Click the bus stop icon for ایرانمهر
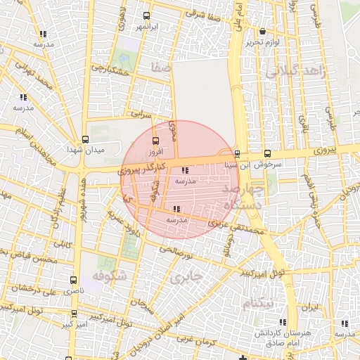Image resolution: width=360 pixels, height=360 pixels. (x=146, y=15)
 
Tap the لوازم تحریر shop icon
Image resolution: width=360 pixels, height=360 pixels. (x=262, y=32)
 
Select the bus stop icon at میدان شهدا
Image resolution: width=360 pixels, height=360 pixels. (x=85, y=139)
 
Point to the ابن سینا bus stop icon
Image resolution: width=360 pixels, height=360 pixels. (x=236, y=154)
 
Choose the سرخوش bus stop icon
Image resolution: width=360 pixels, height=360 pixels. (x=267, y=153)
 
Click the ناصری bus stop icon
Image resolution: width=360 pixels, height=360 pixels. (x=74, y=280)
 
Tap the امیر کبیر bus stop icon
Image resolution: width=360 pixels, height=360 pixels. (x=74, y=314)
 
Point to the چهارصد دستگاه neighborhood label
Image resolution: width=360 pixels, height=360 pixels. (x=243, y=196)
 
